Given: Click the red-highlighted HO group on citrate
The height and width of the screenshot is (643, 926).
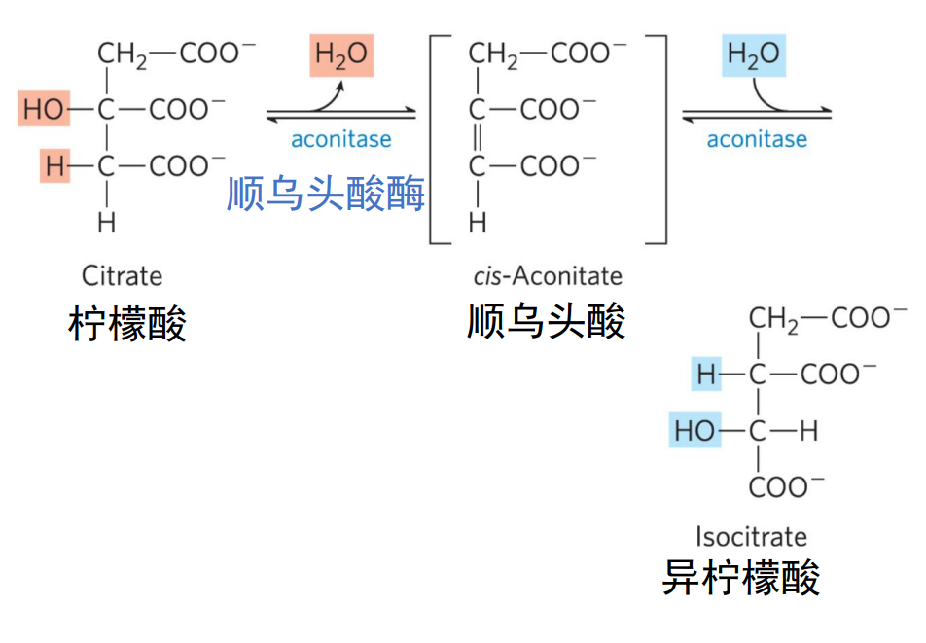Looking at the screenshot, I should pos(42,109).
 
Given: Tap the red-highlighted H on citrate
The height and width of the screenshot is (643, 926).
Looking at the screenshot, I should pos(54,166).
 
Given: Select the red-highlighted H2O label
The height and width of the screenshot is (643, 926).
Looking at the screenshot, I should pos(341,54).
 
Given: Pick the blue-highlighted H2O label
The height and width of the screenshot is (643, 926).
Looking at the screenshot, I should pos(753,54).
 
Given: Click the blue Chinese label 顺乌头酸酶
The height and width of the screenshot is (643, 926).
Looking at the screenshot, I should pos(326,194).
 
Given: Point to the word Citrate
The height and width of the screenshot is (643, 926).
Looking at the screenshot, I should pos(122,275).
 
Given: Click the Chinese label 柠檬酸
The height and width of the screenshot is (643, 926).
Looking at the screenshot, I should pos(127,324).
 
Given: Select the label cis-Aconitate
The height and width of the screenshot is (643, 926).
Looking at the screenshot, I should pos(548,275).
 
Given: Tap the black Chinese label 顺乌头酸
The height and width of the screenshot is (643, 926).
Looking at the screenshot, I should pos(546,321).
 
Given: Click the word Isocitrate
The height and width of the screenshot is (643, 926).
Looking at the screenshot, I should pos(751,536).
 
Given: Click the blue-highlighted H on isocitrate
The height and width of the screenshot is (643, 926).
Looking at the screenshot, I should pos(705,374).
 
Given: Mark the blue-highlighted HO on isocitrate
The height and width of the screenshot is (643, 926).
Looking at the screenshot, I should pos(694,430).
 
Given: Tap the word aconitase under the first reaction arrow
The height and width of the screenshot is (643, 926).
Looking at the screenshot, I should pos(340,139).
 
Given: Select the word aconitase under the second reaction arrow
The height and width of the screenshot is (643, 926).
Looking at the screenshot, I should pos(757,139).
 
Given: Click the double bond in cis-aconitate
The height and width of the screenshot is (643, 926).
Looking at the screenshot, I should pos(477,137).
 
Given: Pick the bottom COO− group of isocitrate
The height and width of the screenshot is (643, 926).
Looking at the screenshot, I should pos(787,486).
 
